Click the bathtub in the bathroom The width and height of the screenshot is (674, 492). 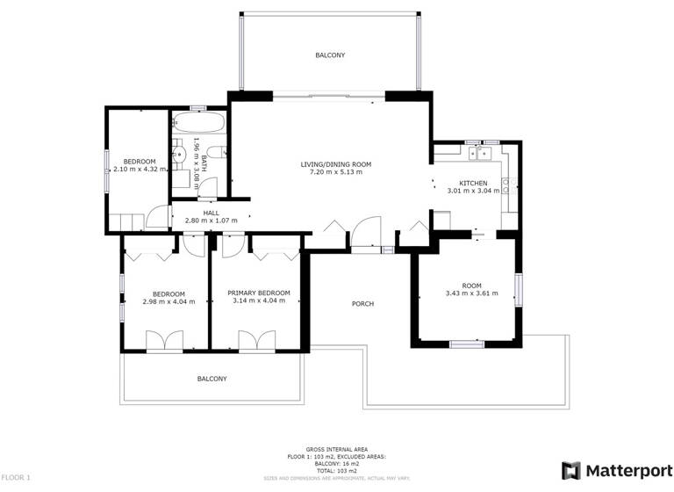(x=200, y=122)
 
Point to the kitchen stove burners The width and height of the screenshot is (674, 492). (x=511, y=185)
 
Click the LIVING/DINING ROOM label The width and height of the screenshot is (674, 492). (x=336, y=164)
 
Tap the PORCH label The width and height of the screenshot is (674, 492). (x=362, y=304)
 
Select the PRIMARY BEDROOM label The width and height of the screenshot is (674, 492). (x=258, y=293)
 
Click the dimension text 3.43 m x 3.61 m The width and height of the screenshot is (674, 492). (x=471, y=293)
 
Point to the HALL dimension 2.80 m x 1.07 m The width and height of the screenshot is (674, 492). (x=211, y=221)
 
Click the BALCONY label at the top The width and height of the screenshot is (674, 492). (x=330, y=55)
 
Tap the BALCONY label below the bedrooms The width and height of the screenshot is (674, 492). (x=212, y=379)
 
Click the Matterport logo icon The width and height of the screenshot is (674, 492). (x=570, y=470)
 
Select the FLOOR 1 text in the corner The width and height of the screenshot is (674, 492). (x=17, y=477)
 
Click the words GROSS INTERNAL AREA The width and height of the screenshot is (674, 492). (x=336, y=447)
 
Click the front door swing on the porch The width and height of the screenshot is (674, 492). (x=364, y=235)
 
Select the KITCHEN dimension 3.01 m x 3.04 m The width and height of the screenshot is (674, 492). (x=473, y=191)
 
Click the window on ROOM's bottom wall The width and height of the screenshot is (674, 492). (x=467, y=344)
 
